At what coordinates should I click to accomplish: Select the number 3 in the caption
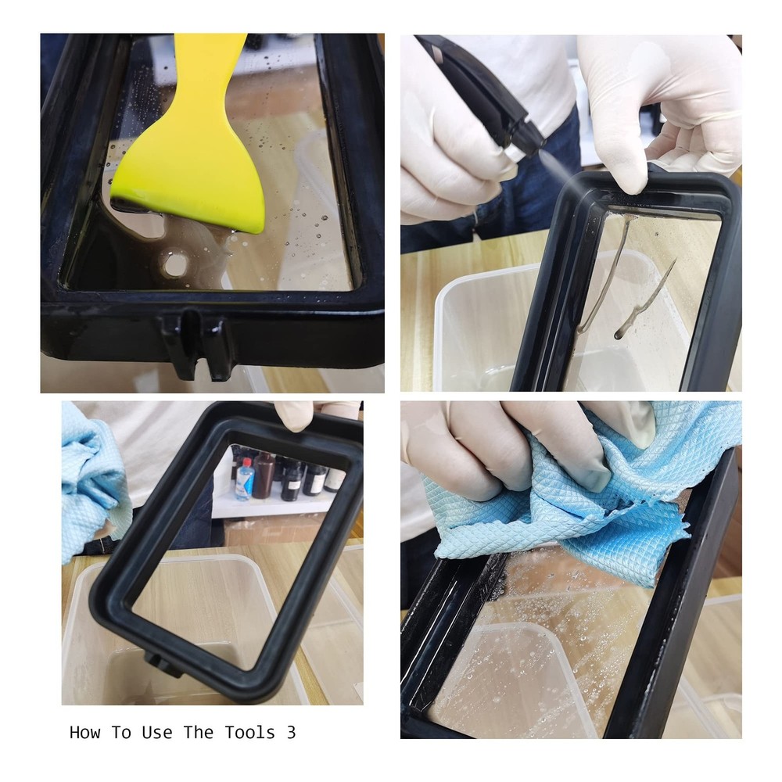click(x=291, y=733)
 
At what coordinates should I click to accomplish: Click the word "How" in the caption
click(x=85, y=733)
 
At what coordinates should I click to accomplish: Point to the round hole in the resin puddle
click(x=175, y=265)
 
